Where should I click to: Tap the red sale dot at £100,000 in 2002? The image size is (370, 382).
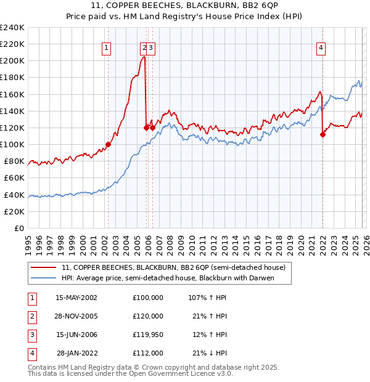click(108, 144)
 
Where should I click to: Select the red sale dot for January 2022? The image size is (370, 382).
click(323, 134)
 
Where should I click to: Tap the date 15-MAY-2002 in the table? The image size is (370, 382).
click(76, 297)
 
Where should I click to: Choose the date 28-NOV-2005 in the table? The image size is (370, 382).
click(76, 315)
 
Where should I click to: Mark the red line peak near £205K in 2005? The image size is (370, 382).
click(143, 57)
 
